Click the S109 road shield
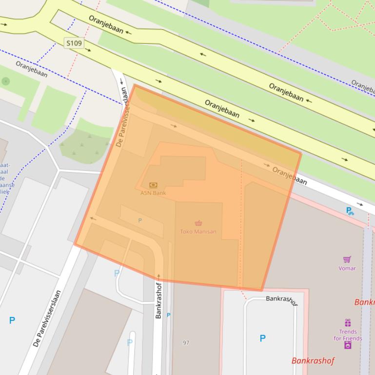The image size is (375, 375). click(x=74, y=43)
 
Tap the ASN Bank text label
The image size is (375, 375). click(x=153, y=193)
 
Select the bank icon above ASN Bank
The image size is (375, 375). click(x=153, y=185)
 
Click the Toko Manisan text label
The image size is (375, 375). click(x=198, y=231)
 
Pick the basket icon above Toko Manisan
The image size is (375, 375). click(x=198, y=224)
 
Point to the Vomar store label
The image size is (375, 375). click(x=347, y=268)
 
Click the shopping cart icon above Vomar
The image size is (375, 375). click(x=347, y=260)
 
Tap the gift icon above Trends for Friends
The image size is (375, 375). click(x=348, y=323)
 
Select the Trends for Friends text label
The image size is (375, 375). click(x=348, y=335)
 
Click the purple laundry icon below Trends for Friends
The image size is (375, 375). click(x=348, y=345)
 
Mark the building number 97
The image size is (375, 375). click(x=186, y=343)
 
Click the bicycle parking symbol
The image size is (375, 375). click(x=350, y=211)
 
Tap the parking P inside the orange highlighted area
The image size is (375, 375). click(x=140, y=221)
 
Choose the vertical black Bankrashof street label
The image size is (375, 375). click(x=158, y=300)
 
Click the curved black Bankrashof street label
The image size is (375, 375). click(x=281, y=300)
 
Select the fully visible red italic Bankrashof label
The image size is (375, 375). click(x=313, y=361)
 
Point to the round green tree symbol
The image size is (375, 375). click(x=5, y=81)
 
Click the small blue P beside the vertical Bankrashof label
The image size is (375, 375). click(x=169, y=315)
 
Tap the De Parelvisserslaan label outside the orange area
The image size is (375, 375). click(x=47, y=319)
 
